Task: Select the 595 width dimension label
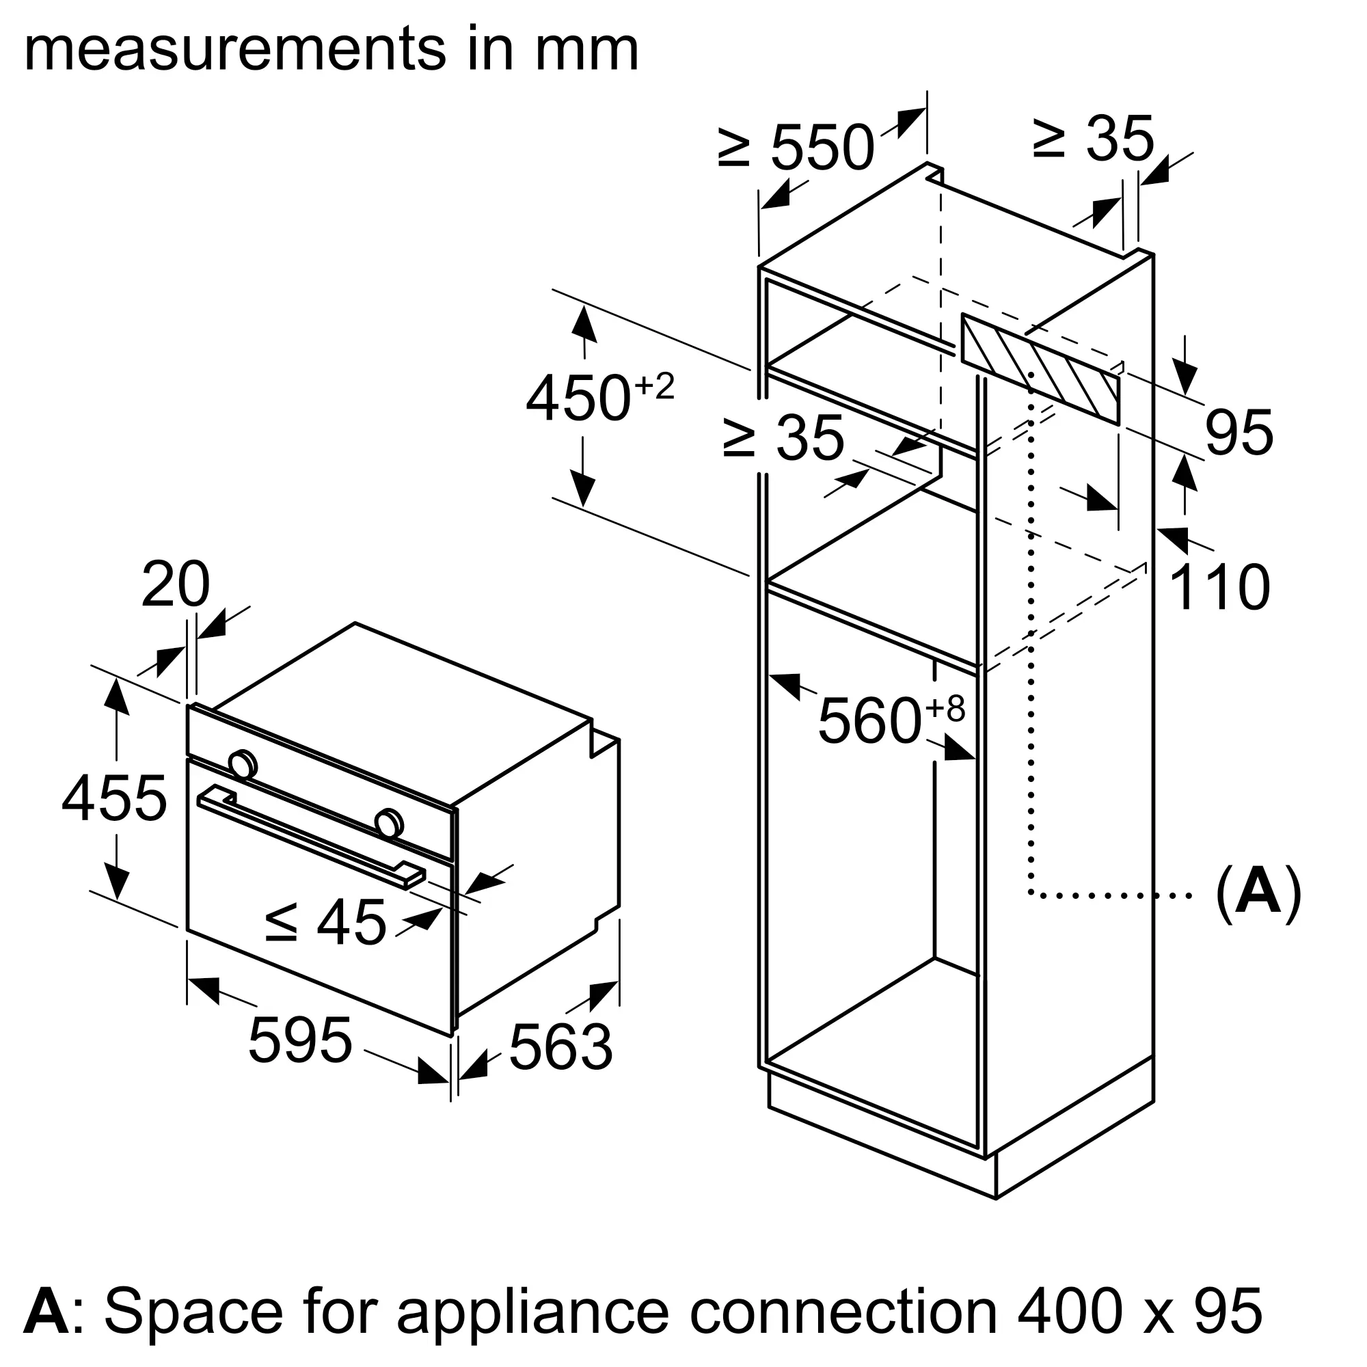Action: click(x=300, y=1040)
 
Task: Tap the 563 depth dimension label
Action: click(x=560, y=1046)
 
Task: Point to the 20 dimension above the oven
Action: click(x=176, y=584)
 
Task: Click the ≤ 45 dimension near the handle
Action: click(x=326, y=922)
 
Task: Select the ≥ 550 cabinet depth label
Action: click(x=796, y=147)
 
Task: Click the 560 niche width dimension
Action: click(x=891, y=719)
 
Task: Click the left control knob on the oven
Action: click(x=242, y=763)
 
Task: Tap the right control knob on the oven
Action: click(x=388, y=822)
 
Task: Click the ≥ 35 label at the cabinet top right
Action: click(x=1094, y=139)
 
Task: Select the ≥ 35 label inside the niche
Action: click(x=783, y=437)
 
